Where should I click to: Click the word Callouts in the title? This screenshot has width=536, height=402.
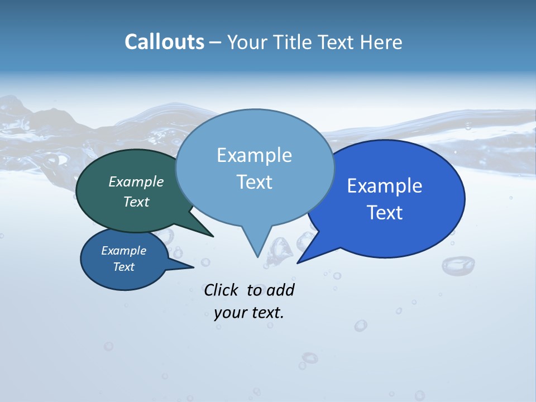164,42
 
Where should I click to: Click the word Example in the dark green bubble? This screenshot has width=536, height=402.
136,181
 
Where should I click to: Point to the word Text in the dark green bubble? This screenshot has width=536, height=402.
136,202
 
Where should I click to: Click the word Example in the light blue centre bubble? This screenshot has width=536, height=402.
254,155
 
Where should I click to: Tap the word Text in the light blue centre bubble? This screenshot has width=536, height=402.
254,182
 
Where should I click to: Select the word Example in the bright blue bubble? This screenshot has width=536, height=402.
385,186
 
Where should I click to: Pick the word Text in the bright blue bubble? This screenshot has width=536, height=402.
385,213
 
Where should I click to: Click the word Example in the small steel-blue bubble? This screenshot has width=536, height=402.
124,251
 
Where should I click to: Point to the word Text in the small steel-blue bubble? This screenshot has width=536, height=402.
124,267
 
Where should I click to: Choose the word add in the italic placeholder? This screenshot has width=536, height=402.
280,290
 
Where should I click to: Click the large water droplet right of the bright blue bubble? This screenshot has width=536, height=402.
458,265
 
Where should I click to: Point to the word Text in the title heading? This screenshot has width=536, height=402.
337,42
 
